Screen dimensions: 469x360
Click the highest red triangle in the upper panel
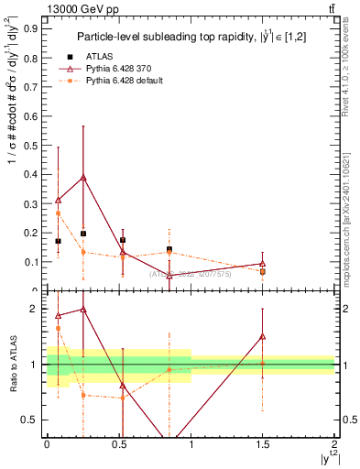click(x=83, y=177)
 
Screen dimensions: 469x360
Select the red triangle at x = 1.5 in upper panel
click(x=263, y=264)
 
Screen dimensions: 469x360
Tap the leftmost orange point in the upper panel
click(x=59, y=213)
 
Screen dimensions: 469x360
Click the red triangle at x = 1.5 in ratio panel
click(x=263, y=336)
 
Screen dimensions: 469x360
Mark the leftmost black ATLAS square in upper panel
click(x=59, y=241)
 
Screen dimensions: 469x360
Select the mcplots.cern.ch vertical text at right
click(x=351, y=211)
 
